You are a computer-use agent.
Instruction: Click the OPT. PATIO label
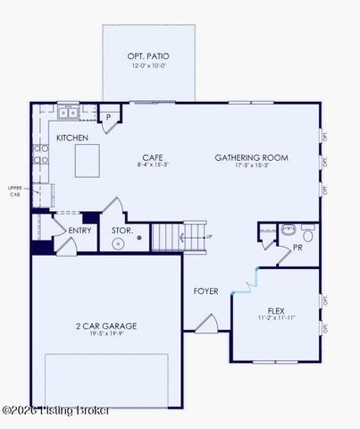pyautogui.click(x=147, y=56)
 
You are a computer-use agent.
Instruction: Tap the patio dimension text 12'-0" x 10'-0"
pyautogui.click(x=147, y=66)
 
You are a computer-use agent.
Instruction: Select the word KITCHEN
pyautogui.click(x=72, y=139)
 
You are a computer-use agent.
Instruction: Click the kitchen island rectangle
pyautogui.click(x=87, y=161)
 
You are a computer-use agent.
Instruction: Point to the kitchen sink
pyautogui.click(x=69, y=113)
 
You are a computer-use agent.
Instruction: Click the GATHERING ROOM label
pyautogui.click(x=251, y=157)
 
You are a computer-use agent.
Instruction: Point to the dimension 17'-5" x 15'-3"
pyautogui.click(x=251, y=165)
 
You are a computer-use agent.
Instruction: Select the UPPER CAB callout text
pyautogui.click(x=15, y=190)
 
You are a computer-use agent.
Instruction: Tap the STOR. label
pyautogui.click(x=122, y=231)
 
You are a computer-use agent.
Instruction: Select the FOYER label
pyautogui.click(x=206, y=291)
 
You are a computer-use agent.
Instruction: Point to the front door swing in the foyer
pyautogui.click(x=205, y=322)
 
